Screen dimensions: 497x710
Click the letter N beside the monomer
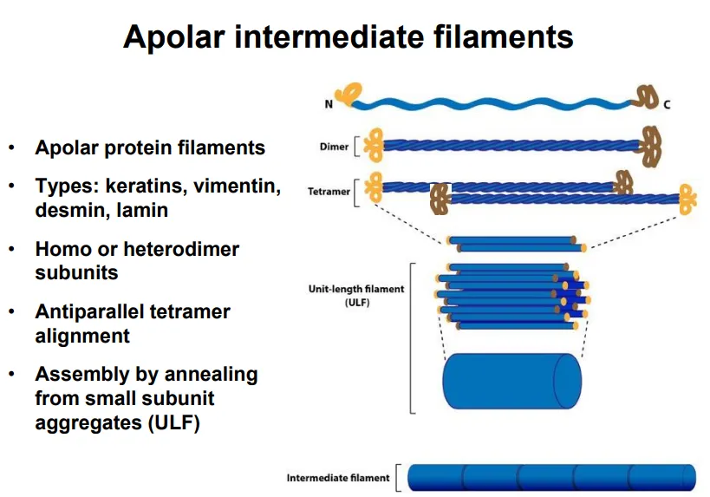coord(329,105)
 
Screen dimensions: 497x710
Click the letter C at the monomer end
coord(667,105)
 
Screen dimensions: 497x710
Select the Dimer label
coord(334,147)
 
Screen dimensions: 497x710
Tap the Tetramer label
coord(329,192)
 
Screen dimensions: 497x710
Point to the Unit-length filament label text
coord(356,289)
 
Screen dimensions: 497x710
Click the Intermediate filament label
coord(338,478)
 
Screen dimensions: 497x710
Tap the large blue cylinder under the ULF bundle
coord(511,381)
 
